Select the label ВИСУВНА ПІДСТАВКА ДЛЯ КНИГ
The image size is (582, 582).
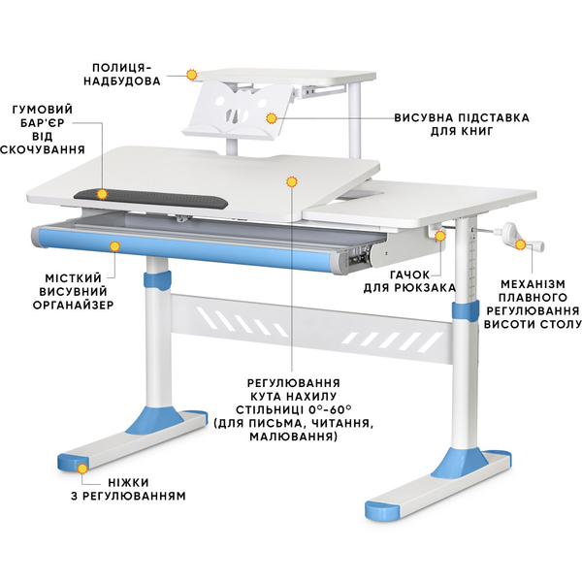point(461,123)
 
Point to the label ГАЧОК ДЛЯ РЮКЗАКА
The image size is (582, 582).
point(424,281)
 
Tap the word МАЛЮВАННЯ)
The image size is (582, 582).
point(294,437)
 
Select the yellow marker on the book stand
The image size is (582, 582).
point(273,118)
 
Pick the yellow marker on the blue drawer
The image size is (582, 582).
point(114,246)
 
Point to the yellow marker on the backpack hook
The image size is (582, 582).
point(440,235)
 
